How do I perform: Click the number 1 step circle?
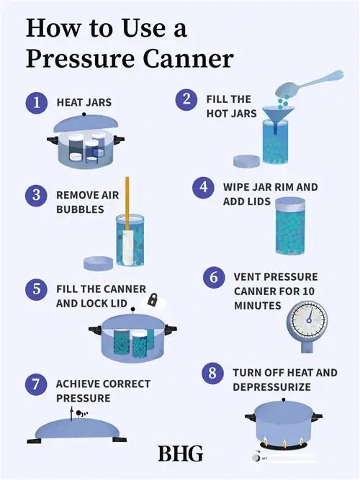click(37, 103)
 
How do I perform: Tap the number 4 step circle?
click(204, 187)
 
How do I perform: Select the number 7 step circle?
click(36, 384)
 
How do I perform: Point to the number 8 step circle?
click(212, 373)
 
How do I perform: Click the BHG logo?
click(181, 453)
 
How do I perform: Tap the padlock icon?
click(153, 299)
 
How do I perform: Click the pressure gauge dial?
click(307, 320)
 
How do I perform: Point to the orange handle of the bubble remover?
click(127, 203)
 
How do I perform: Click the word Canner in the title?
click(188, 58)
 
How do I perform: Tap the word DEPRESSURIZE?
click(271, 387)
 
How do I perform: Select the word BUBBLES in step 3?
click(80, 209)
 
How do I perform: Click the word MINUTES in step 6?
click(257, 306)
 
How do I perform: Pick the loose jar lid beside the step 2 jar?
click(247, 161)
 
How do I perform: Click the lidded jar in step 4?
click(290, 226)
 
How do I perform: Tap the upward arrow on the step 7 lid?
click(72, 413)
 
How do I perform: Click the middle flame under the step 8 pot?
click(284, 443)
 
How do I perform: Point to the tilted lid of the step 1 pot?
click(86, 123)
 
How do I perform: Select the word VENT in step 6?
click(247, 277)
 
